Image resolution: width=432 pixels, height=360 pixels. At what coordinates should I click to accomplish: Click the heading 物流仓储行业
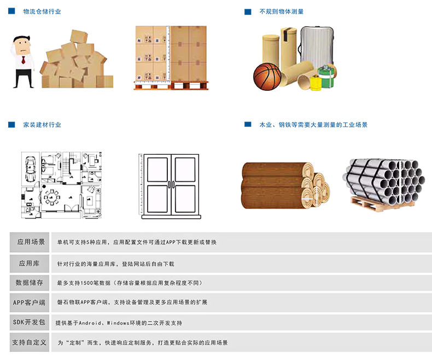42,11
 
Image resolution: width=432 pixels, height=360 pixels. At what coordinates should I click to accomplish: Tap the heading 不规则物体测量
281,11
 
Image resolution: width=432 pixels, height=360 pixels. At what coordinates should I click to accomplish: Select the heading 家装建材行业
42,125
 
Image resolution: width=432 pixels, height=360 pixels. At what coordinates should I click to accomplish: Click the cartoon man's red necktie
24,60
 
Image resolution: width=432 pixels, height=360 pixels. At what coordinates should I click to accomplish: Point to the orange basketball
267,77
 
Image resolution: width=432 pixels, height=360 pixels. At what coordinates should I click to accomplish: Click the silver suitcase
317,47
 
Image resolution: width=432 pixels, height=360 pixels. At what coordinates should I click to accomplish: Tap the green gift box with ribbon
327,76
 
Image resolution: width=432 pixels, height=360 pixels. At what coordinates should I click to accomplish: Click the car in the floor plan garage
30,169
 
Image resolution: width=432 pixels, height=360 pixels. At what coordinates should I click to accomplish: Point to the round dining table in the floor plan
51,198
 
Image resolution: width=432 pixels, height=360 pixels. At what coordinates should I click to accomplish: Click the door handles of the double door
171,184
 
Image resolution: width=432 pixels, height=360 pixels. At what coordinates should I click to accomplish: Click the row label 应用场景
31,242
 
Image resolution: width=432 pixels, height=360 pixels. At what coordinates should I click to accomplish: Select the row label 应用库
29,263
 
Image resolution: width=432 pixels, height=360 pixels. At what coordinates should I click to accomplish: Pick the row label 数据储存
29,282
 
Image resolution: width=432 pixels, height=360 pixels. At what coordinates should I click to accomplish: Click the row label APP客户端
29,303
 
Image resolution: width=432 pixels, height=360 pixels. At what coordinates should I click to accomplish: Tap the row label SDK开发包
29,322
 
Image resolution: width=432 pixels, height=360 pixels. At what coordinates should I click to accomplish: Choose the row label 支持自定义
29,342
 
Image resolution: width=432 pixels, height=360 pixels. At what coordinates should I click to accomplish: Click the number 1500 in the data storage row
86,283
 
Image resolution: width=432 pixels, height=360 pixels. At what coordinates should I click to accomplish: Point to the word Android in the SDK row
90,323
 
